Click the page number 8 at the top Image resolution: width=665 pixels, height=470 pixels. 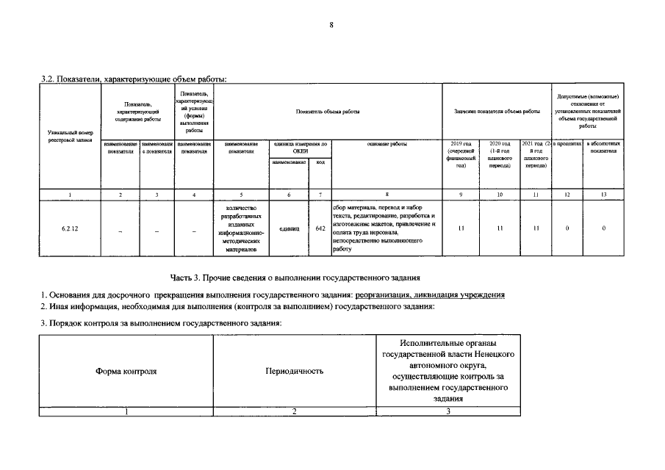point(331,26)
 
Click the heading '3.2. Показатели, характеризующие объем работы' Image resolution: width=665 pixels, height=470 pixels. point(133,78)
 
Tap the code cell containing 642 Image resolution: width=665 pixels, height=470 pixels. point(320,228)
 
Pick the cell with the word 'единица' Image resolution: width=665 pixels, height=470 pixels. point(289,228)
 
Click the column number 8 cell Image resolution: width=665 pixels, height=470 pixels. point(387,194)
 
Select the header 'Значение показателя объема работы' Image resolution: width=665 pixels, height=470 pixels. point(497,111)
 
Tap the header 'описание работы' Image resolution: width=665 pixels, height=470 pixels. point(387,144)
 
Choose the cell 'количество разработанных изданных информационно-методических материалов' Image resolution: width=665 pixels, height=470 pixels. point(241,229)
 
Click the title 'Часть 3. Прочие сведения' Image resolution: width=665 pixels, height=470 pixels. point(295,277)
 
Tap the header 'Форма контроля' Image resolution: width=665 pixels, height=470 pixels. point(126,371)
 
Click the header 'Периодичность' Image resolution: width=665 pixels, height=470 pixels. point(294,371)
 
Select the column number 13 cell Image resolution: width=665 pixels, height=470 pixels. point(603,194)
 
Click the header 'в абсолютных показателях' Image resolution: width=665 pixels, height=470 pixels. point(603,148)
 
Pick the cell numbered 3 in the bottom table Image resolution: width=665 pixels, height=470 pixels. point(448,411)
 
